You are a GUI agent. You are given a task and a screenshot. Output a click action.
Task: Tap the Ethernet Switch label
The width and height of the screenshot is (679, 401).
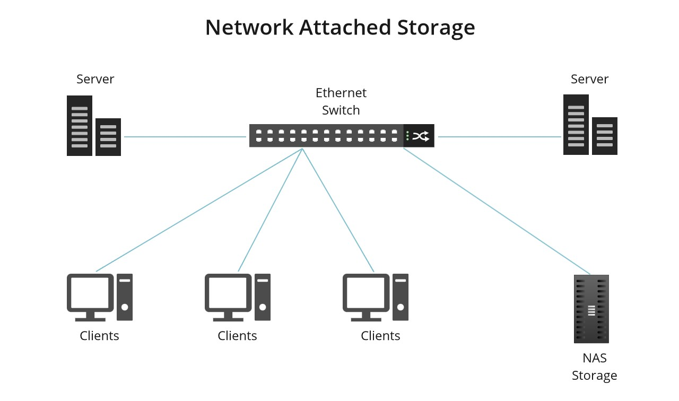point(341,101)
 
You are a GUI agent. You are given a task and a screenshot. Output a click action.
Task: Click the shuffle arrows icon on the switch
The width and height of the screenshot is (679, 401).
point(421,136)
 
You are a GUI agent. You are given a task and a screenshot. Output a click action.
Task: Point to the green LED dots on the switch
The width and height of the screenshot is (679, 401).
point(407,136)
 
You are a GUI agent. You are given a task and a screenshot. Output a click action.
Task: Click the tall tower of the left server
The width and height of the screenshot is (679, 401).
point(80,126)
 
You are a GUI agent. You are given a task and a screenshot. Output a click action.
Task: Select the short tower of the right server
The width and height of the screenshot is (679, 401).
point(605,136)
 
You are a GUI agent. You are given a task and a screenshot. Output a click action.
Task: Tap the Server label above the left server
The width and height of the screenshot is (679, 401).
point(95,79)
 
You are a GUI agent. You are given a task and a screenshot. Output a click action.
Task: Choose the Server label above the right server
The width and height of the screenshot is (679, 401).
point(589,79)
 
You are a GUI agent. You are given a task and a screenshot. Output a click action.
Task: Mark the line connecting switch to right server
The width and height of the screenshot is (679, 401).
point(499,137)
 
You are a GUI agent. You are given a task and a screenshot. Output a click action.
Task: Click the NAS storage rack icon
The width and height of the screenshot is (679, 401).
point(591,309)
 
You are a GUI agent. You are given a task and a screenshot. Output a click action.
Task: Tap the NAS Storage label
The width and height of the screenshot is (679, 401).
point(594,367)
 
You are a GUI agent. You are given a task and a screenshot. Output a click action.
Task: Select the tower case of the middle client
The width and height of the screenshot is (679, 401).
point(263,297)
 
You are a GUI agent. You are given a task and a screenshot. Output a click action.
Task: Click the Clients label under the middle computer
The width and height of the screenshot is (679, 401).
point(237,336)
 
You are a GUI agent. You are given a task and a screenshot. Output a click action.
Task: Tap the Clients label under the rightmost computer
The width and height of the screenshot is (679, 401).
point(380,336)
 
